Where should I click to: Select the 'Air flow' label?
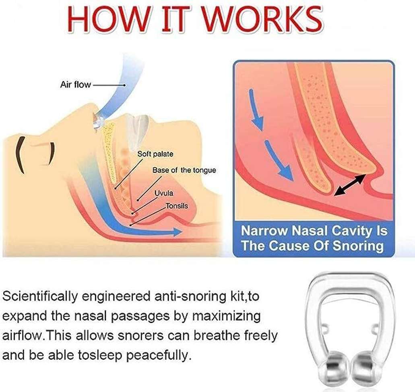(76, 85)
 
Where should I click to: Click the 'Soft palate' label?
(155, 154)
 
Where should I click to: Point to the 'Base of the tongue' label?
(184, 170)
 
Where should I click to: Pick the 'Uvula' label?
(164, 193)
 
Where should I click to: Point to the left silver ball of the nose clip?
(336, 369)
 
